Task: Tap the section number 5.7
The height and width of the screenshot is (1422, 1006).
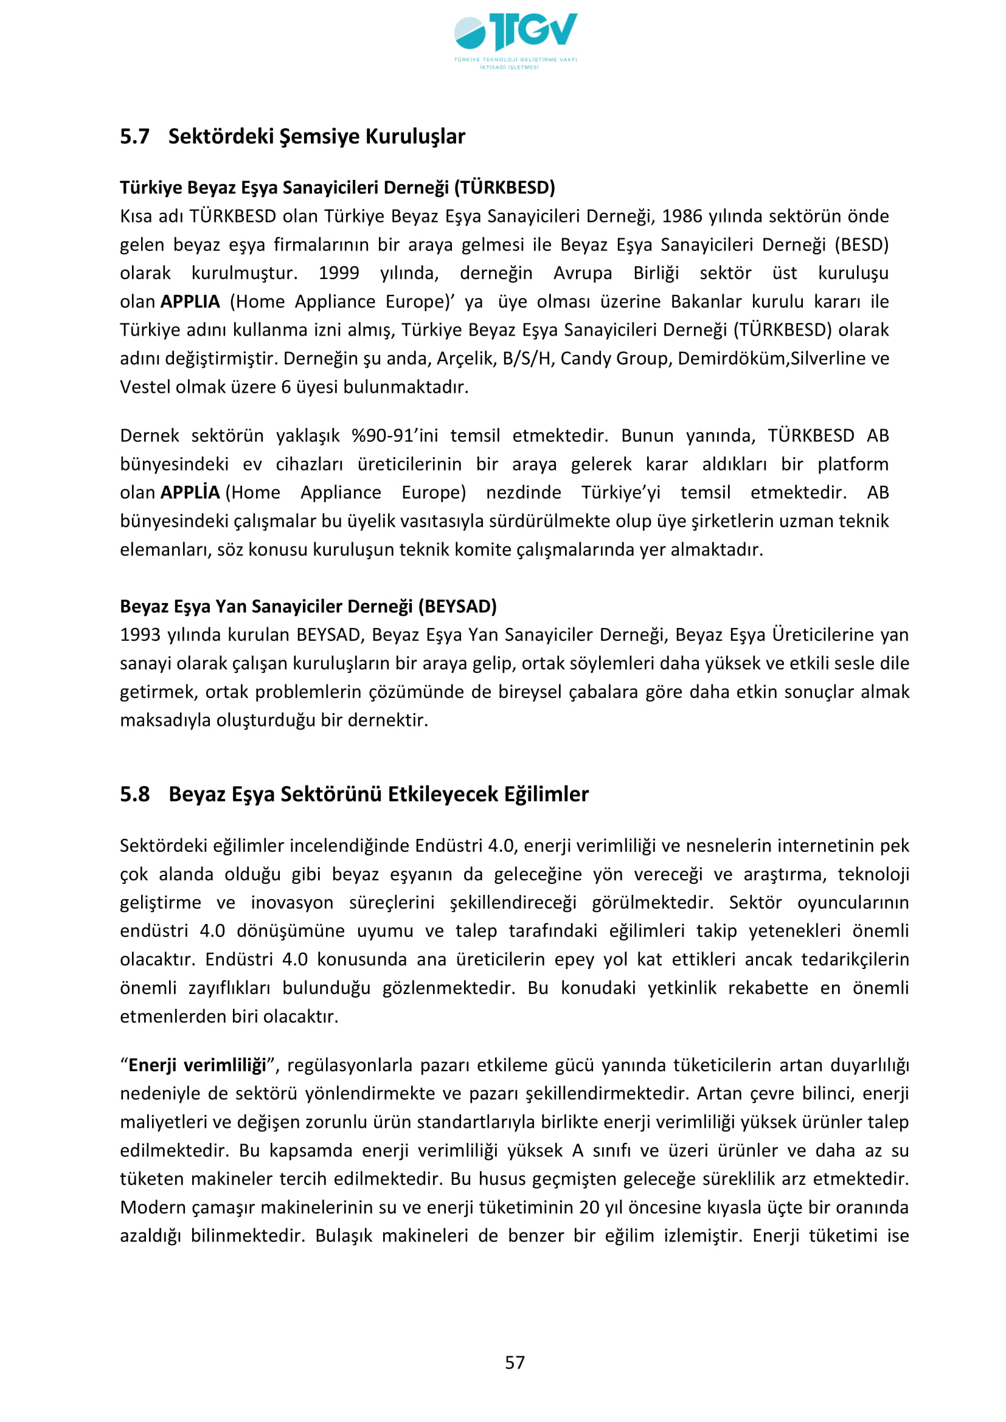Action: [x=134, y=136]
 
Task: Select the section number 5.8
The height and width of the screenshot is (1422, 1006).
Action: [x=134, y=794]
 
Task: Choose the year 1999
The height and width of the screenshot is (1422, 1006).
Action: [x=338, y=273]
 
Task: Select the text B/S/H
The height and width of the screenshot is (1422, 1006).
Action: [x=527, y=359]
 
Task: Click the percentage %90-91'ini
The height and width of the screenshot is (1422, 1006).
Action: [x=395, y=435]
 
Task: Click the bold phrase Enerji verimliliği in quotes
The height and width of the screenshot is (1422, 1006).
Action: [x=197, y=1065]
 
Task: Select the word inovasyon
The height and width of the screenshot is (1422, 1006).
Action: [x=292, y=902]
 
